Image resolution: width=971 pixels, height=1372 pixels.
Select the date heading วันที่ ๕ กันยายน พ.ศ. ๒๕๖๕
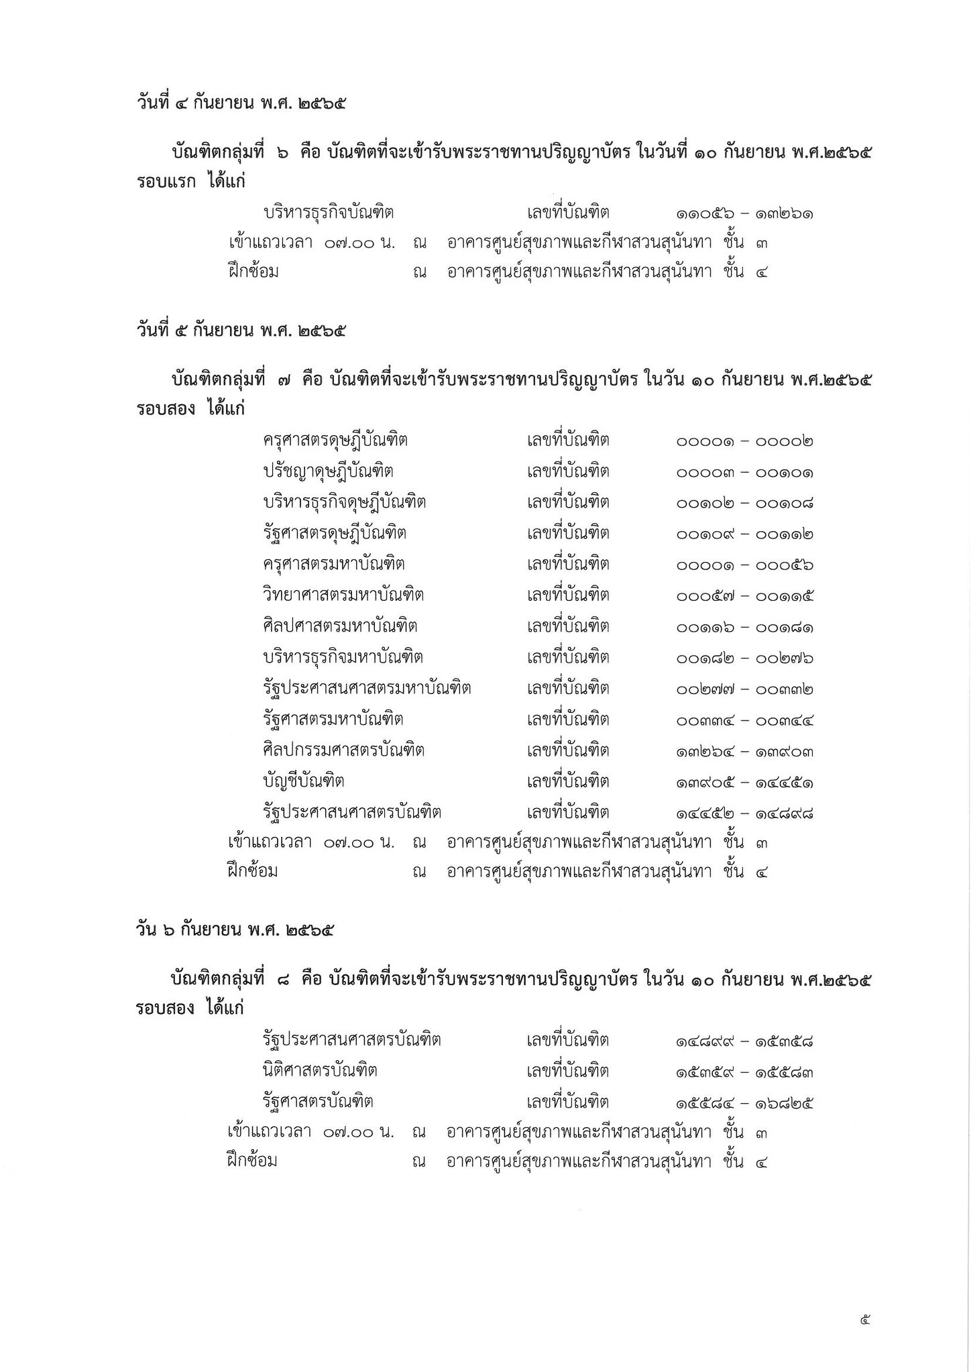pos(241,331)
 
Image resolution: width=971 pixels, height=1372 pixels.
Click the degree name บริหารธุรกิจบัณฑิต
pos(329,213)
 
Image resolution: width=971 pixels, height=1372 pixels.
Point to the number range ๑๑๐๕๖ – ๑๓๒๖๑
pos(745,214)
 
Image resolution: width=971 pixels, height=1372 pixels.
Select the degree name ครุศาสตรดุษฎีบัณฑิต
pos(335,441)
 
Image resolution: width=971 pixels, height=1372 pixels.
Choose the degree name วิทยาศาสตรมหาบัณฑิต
pos(343,595)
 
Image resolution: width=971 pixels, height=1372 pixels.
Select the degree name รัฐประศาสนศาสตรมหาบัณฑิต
pos(367,688)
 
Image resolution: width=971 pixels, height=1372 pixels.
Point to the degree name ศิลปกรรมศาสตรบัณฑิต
pos(343,750)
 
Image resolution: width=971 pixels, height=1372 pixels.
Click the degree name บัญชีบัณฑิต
pos(304,781)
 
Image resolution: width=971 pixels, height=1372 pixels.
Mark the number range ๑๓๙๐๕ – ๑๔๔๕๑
pos(745,783)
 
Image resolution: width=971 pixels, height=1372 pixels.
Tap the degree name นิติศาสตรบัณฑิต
pos(320,1070)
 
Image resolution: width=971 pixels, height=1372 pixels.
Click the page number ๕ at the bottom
pos(864,1320)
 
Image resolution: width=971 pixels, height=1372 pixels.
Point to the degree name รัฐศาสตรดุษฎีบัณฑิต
pos(335,533)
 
